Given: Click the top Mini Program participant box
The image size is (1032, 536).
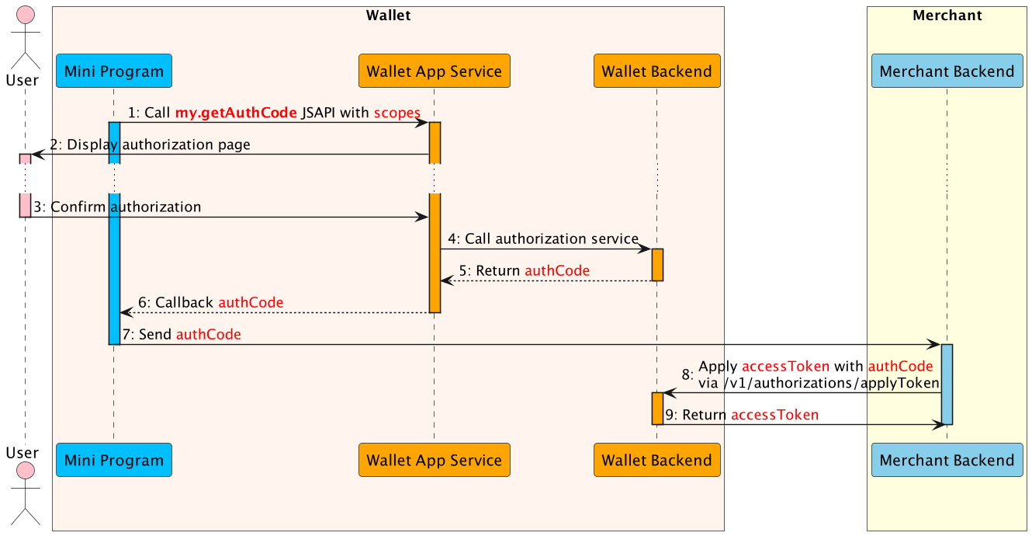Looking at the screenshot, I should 113,71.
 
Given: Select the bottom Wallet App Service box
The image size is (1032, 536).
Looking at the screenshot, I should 434,460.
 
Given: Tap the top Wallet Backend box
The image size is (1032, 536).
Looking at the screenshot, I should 656,71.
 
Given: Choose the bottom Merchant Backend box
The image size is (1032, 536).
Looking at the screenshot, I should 947,460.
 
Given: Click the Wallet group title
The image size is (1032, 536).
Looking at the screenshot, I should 388,16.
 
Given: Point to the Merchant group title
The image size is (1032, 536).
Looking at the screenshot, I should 947,16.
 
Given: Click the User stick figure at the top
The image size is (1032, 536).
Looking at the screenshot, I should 26,35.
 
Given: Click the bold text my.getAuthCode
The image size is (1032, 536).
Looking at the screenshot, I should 236,113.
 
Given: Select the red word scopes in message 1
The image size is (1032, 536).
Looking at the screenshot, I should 397,113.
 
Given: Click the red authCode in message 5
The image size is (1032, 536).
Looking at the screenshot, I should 557,271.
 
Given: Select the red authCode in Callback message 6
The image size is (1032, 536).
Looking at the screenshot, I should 251,302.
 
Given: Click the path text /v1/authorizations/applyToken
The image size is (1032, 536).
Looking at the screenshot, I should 819,383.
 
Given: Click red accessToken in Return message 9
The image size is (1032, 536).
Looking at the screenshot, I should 774,415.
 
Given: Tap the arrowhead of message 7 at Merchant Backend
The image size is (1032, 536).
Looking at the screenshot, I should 934,344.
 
